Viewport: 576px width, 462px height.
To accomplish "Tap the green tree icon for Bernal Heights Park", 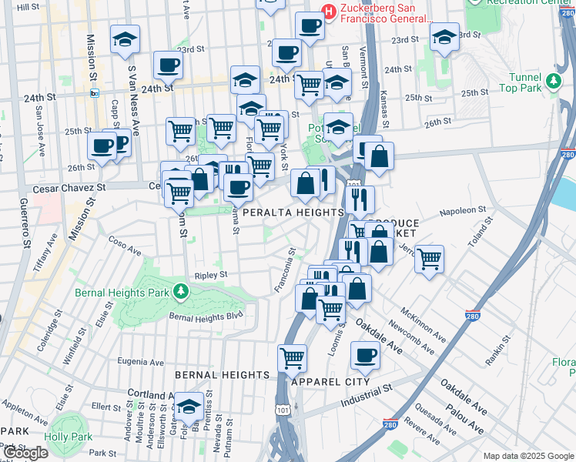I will click(180, 291).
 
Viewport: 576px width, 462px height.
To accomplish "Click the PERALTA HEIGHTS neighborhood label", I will click(293, 213).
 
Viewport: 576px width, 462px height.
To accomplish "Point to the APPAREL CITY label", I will click(331, 381).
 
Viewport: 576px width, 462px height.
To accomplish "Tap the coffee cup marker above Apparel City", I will click(365, 356).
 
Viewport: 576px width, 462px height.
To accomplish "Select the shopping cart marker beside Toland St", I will click(429, 258).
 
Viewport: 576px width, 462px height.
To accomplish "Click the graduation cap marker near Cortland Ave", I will click(189, 407).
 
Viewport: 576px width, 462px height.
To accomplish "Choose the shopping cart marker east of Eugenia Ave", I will click(292, 357).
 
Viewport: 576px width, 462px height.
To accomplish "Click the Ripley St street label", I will click(211, 274).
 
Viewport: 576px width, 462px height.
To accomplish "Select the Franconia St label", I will click(284, 269).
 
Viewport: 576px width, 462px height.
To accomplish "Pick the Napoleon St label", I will click(463, 209).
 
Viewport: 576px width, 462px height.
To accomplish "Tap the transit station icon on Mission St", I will click(95, 93).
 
